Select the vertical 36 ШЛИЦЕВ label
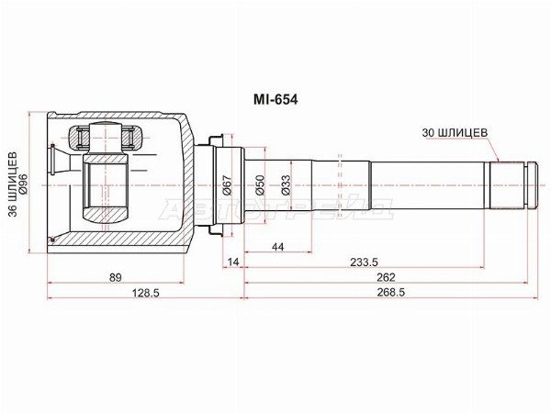coord(13,184)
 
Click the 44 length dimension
coord(276,248)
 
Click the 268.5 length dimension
coord(387,292)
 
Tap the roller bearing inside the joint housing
coord(107,139)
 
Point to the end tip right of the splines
coord(531,184)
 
